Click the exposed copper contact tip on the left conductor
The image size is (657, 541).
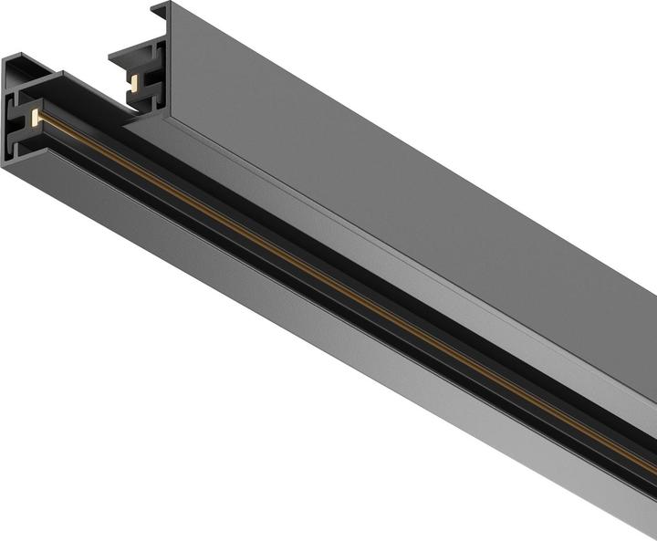(36, 117)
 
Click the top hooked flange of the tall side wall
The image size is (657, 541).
(161, 10)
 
